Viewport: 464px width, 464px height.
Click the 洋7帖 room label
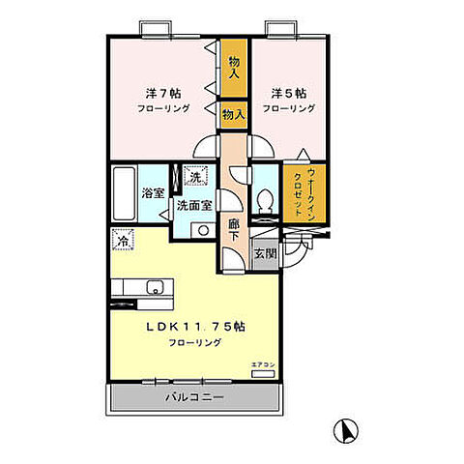point(162,94)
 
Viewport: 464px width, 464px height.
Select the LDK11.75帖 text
point(195,327)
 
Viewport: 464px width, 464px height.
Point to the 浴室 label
point(152,193)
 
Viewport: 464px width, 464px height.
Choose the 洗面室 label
point(194,205)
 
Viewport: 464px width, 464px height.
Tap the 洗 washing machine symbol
point(194,177)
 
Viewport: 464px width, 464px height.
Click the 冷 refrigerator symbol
point(123,239)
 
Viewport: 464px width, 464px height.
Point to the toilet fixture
point(265,202)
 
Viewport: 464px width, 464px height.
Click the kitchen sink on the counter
point(152,287)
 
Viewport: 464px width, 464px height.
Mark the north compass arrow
point(341,428)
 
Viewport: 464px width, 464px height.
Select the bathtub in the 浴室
point(124,193)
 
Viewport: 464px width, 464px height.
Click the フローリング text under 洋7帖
point(162,109)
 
